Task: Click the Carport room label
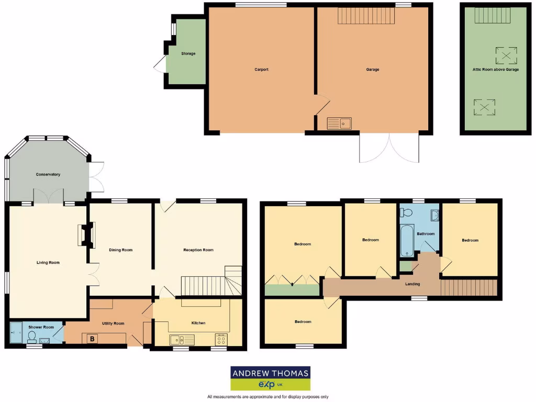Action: coord(261,69)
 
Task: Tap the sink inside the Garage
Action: coord(339,124)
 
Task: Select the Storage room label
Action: coord(188,53)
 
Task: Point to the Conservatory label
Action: coord(48,174)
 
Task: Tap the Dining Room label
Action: coord(121,250)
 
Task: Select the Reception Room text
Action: coord(198,250)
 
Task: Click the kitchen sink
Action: coord(182,340)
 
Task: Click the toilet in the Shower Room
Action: coord(31,336)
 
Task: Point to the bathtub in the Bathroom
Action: coord(407,240)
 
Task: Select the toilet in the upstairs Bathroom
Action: coord(406,212)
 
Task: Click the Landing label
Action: coord(412,284)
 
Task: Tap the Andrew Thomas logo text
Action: coord(271,373)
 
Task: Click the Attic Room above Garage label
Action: coord(496,69)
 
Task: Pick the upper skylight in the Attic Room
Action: coord(506,55)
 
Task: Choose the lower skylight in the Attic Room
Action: coord(484,107)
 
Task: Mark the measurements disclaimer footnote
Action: coord(268,397)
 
